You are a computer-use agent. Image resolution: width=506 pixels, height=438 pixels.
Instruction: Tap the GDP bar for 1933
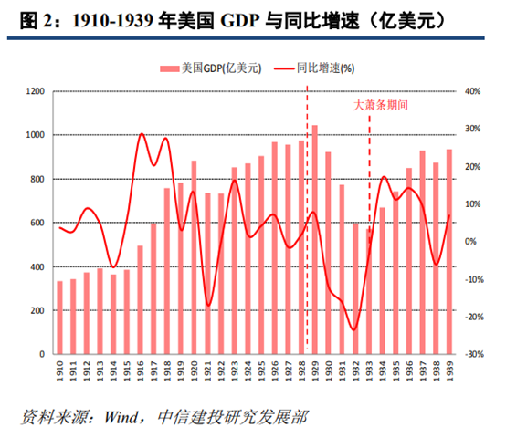pyautogui.click(x=368, y=291)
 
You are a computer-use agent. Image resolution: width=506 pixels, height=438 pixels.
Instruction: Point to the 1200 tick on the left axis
pyautogui.click(x=36, y=91)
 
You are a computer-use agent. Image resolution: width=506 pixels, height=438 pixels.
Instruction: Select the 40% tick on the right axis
pyautogui.click(x=472, y=91)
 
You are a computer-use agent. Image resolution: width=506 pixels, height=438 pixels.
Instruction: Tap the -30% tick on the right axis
pyautogui.click(x=472, y=354)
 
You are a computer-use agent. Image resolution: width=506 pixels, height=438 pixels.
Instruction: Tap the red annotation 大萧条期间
pyautogui.click(x=380, y=105)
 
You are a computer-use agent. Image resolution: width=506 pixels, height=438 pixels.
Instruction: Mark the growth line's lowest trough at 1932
pyautogui.click(x=354, y=329)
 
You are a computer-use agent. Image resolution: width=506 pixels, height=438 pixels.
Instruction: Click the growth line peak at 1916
pyautogui.click(x=142, y=134)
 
